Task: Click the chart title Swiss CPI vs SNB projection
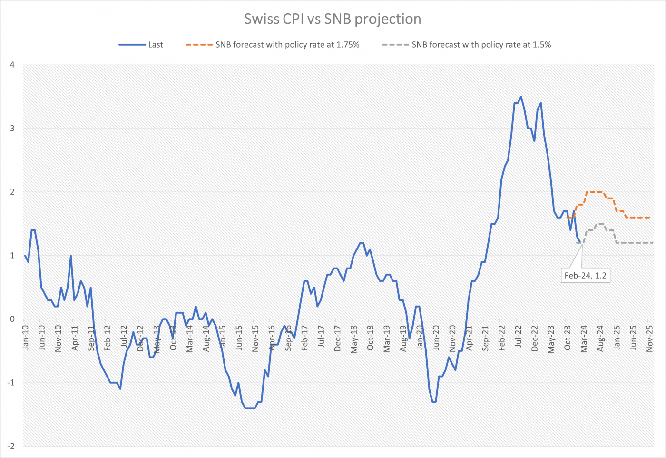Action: pyautogui.click(x=333, y=19)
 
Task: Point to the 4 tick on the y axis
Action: pyautogui.click(x=12, y=65)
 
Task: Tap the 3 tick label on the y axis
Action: pyautogui.click(x=12, y=129)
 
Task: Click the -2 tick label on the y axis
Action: pyautogui.click(x=10, y=447)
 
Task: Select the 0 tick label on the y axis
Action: pyautogui.click(x=12, y=319)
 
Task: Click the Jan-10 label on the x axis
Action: pyautogui.click(x=25, y=338)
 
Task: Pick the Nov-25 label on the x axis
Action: pyautogui.click(x=650, y=339)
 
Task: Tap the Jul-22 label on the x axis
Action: pyautogui.click(x=518, y=338)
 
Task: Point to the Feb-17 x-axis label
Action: pyautogui.click(x=304, y=339)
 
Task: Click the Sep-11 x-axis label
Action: pyautogui.click(x=91, y=339)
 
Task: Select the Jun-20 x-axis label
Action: pyautogui.click(x=436, y=338)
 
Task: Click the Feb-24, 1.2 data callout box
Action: pyautogui.click(x=585, y=275)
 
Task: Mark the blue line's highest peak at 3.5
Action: pyautogui.click(x=521, y=97)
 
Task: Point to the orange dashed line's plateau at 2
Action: pyautogui.click(x=594, y=192)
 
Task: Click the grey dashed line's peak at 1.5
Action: pyautogui.click(x=600, y=224)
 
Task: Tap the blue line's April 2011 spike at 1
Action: pyautogui.click(x=71, y=256)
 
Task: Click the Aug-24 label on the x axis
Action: pyautogui.click(x=600, y=339)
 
